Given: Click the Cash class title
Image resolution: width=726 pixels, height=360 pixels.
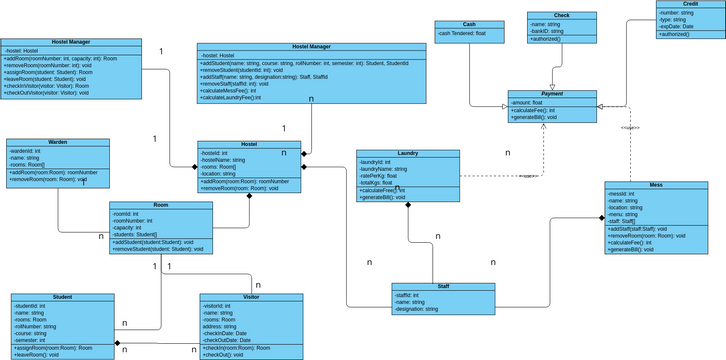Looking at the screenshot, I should (x=469, y=24).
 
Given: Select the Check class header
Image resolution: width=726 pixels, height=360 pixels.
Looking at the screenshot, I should (x=561, y=16).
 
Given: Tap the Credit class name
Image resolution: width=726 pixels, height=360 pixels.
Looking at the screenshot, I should (x=689, y=5).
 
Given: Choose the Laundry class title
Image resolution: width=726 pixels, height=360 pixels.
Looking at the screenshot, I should (x=407, y=153).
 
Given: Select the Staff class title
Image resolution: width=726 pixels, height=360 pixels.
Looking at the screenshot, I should (x=443, y=287).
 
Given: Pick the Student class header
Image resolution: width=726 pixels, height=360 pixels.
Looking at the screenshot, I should (x=61, y=297).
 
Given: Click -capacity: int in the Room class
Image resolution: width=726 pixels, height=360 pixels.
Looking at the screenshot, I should (x=129, y=227).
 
